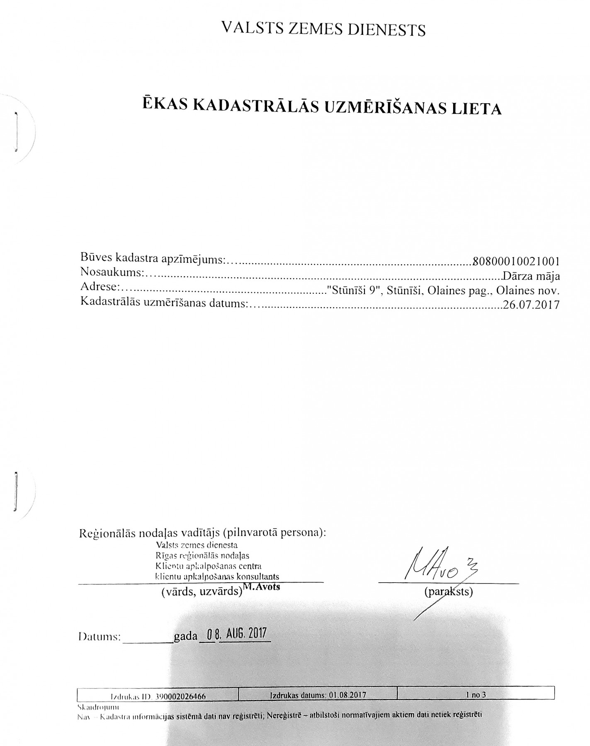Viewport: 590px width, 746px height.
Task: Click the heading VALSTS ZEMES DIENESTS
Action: (323, 29)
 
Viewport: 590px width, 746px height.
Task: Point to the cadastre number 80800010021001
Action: (516, 262)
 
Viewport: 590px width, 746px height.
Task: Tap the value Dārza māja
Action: (531, 276)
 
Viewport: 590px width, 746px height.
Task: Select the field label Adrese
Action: (100, 287)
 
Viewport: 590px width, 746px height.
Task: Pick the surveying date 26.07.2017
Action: (531, 305)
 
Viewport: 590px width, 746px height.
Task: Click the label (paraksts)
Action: (448, 591)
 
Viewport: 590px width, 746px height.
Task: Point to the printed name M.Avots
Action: (261, 586)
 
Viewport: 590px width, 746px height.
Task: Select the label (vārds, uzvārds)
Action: (202, 592)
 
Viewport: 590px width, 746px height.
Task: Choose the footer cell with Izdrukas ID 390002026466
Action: (158, 697)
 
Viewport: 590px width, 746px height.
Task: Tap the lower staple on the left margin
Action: (15, 491)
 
